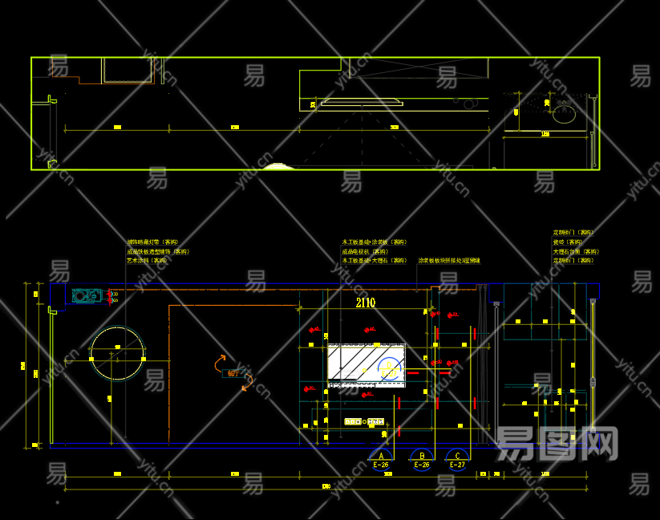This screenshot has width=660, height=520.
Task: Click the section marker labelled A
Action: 380,458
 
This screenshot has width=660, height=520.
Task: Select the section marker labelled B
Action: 421,458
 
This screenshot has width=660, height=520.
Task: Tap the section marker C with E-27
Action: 457,458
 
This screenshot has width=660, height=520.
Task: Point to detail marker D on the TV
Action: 389,368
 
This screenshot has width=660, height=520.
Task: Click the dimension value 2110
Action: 365,303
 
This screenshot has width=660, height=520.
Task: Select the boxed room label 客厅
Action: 233,373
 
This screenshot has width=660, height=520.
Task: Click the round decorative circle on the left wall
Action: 118,354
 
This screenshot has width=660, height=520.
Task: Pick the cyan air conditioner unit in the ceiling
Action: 87,295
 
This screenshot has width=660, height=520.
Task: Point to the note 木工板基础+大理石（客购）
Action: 375,261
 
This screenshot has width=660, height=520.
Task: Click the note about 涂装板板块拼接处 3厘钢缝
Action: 449,261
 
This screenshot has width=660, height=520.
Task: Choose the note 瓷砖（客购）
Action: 569,242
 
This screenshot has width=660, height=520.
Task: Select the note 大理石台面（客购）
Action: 575,251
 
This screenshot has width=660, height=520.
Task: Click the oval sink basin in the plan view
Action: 563,115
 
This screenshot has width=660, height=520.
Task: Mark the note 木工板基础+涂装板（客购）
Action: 375,242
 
